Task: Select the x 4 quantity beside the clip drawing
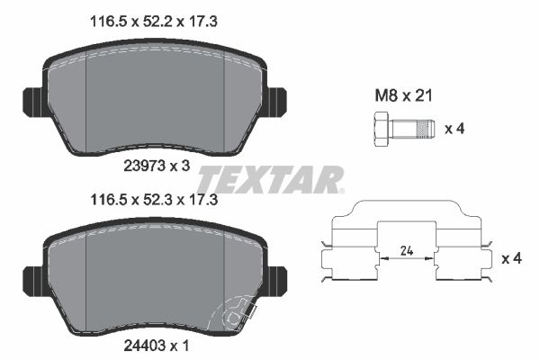click(x=510, y=258)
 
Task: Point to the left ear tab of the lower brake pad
click(x=30, y=278)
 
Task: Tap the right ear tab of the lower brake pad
click(x=276, y=278)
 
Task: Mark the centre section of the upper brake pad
click(x=153, y=99)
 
